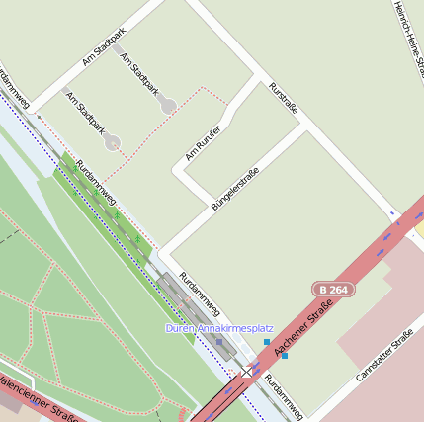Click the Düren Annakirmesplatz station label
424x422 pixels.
[x=218, y=327]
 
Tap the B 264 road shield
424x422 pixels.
[x=332, y=289]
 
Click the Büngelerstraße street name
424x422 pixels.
[x=234, y=190]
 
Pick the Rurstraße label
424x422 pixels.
[x=283, y=97]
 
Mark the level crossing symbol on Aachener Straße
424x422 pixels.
[x=242, y=373]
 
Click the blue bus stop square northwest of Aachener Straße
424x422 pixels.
[x=267, y=342]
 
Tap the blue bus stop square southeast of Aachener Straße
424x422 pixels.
[x=285, y=355]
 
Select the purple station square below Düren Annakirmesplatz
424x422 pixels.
[x=219, y=342]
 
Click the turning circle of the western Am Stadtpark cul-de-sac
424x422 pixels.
[x=114, y=144]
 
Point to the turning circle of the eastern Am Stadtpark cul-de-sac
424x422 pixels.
[x=169, y=104]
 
